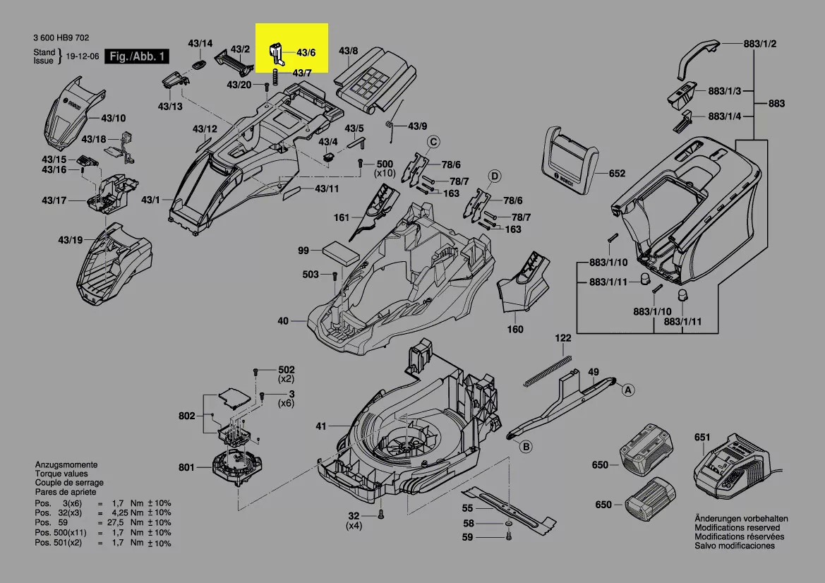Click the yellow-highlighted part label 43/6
click(306, 53)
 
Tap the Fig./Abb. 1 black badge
click(137, 56)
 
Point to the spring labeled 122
click(548, 371)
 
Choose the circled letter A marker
click(627, 389)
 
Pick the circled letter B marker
click(525, 446)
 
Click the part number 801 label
click(186, 467)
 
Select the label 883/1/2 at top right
click(760, 44)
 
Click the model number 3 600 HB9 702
click(61, 38)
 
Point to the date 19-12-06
click(81, 56)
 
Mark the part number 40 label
click(283, 321)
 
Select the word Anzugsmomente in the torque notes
click(66, 465)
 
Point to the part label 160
click(515, 329)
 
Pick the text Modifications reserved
click(737, 527)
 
